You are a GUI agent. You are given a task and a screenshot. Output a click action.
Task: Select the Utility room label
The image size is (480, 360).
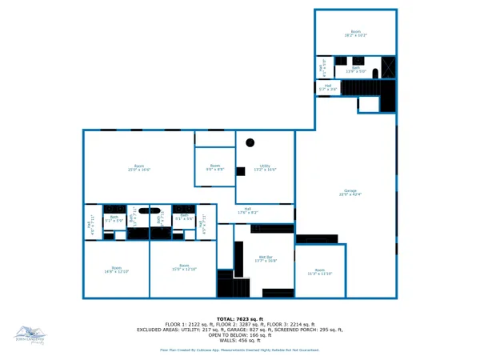pyautogui.click(x=265, y=168)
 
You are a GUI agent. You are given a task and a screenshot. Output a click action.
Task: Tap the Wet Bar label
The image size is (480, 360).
pyautogui.click(x=265, y=259)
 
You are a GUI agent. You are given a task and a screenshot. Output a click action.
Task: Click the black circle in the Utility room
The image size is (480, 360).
pyautogui.click(x=250, y=142)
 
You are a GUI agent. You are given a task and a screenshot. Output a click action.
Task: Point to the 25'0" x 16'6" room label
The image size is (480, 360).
pyautogui.click(x=138, y=168)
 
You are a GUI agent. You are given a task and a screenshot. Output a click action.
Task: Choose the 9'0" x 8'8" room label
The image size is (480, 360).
pyautogui.click(x=214, y=168)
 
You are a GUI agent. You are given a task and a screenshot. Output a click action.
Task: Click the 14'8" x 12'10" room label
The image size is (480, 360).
pyautogui.click(x=117, y=270)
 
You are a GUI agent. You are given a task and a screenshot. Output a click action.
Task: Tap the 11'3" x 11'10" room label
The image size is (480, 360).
pyautogui.click(x=320, y=272)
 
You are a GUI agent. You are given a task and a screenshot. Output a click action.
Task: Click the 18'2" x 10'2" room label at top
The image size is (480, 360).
pyautogui.click(x=355, y=34)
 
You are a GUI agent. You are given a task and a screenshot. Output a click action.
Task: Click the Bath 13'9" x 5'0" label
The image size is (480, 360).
pyautogui.click(x=355, y=70)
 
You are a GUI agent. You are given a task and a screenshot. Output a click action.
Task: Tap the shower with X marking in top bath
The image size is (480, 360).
pyautogui.click(x=388, y=66)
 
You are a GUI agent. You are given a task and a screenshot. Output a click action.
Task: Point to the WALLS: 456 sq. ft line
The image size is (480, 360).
pyautogui.click(x=239, y=340)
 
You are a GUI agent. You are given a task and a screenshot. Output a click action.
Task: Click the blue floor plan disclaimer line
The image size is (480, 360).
pyautogui.click(x=239, y=350)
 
